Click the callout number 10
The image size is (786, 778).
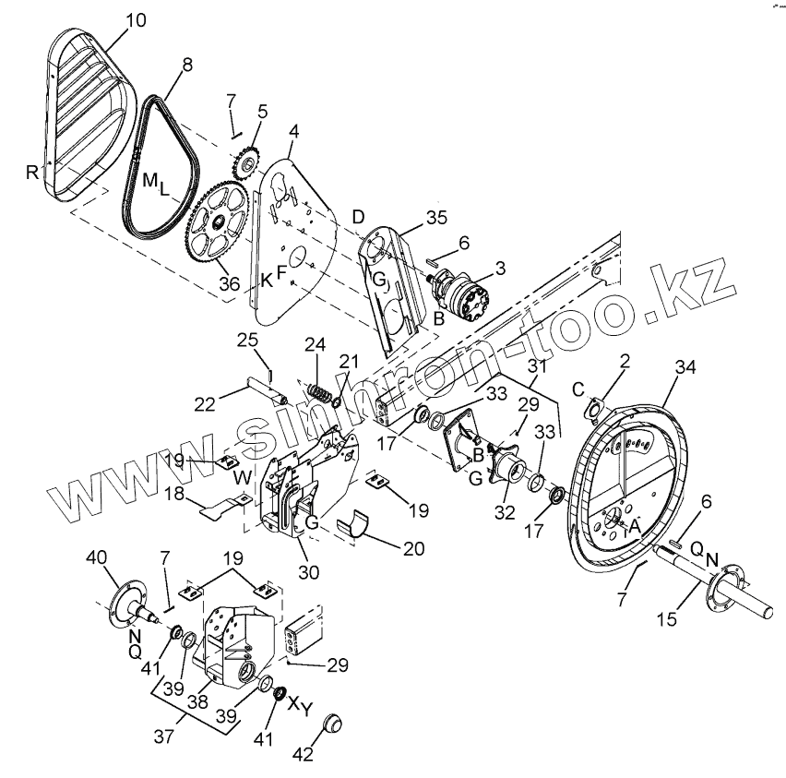[135, 18]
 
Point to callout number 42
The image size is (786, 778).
[302, 753]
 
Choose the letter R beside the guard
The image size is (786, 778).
[33, 171]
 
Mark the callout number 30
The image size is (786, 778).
[308, 572]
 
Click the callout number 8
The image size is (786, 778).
[187, 66]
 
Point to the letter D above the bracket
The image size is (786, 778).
[357, 217]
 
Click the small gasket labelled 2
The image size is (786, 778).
[598, 407]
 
